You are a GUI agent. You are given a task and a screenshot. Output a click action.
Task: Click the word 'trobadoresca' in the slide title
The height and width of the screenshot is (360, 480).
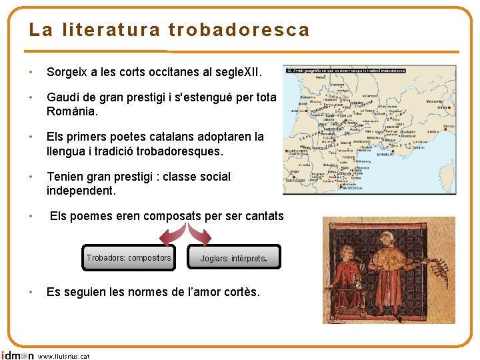coord(239,30)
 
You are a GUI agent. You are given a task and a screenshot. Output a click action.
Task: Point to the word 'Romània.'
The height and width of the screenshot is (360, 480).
coord(72,111)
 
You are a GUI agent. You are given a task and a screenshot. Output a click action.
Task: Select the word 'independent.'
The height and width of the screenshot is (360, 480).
coord(81,191)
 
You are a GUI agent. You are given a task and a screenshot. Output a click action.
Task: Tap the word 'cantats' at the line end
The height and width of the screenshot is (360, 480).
coord(261,216)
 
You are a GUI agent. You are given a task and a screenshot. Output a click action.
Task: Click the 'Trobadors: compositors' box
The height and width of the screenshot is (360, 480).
coord(129,258)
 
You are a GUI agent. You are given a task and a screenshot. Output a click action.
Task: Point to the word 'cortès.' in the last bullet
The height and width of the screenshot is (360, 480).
coord(240,292)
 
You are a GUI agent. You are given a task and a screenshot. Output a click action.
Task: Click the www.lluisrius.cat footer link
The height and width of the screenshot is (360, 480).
coord(64,356)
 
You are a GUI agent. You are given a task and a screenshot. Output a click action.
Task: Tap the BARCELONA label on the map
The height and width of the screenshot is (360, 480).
coord(351,189)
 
